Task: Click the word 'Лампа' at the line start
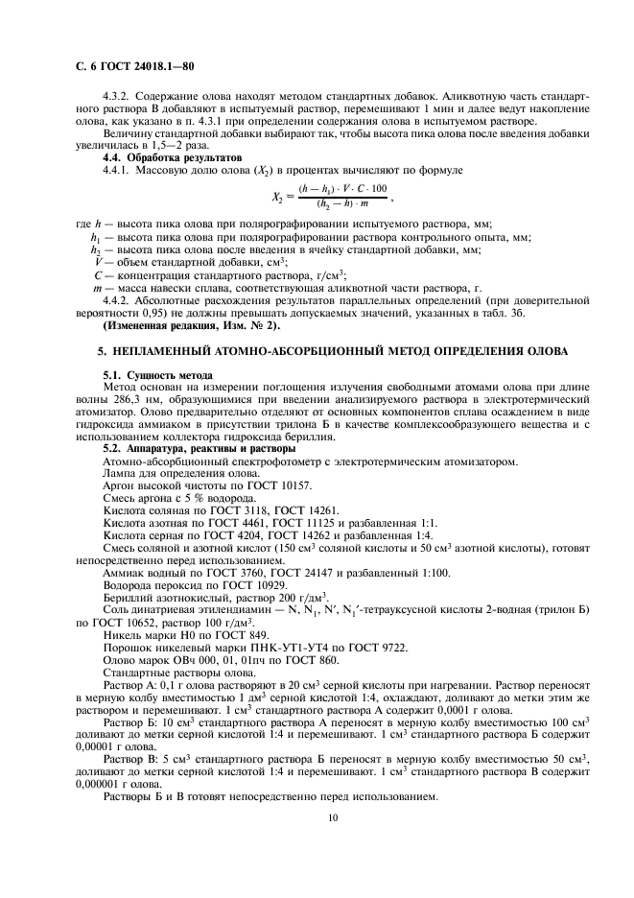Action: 120,474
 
